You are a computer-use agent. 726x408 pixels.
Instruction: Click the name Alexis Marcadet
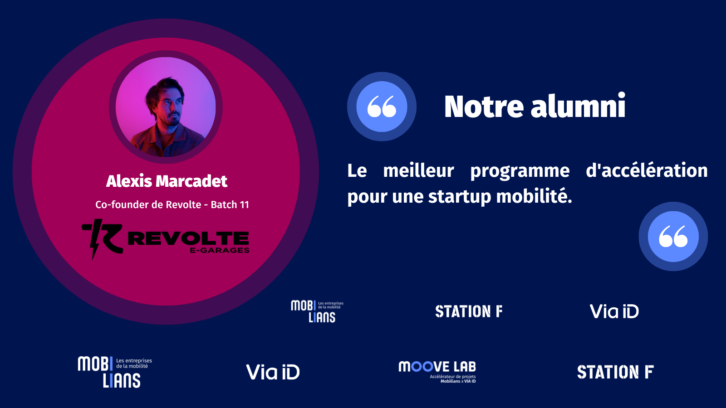[167, 181]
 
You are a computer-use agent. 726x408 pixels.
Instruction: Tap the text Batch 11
[230, 204]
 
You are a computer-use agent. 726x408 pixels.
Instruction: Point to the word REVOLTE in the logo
[189, 238]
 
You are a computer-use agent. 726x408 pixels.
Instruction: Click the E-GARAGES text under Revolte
[220, 250]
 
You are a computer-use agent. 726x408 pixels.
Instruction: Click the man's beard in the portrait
[171, 120]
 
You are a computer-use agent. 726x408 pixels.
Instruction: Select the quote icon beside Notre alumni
[382, 107]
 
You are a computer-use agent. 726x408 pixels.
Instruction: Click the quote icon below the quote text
[673, 236]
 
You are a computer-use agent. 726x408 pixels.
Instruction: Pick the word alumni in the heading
[578, 106]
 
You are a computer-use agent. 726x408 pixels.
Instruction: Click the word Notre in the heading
[484, 106]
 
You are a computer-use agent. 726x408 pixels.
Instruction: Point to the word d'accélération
[647, 170]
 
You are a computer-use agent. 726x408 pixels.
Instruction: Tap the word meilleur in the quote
[418, 170]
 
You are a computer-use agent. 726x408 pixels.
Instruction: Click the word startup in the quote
[460, 197]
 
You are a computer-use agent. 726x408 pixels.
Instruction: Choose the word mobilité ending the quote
[534, 196]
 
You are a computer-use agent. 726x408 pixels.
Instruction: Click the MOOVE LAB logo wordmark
[437, 367]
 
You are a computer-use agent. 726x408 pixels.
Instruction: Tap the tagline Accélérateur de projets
[453, 377]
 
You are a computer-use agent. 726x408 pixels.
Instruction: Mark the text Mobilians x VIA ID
[458, 381]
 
